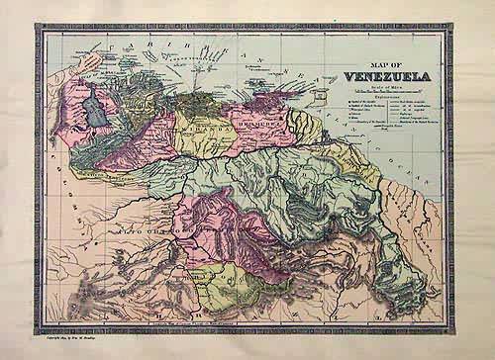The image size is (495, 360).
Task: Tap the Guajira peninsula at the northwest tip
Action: tap(102, 61)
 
